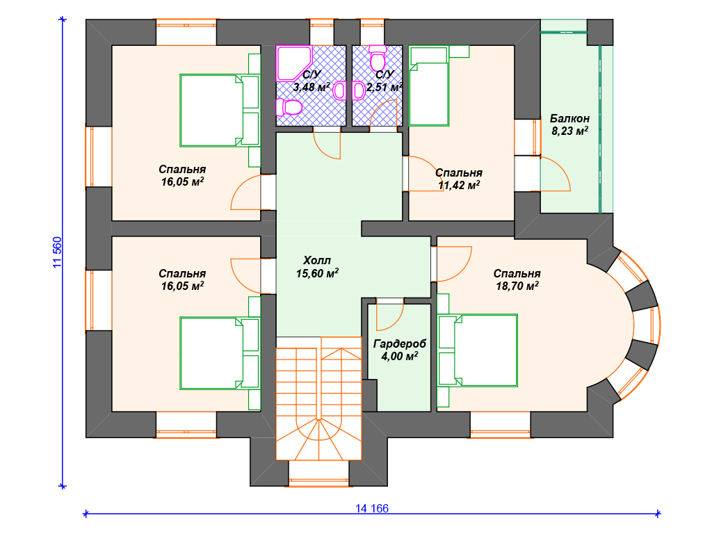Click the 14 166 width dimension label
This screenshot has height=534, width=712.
coord(372,508)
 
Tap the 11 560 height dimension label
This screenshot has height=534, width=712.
coord(57,252)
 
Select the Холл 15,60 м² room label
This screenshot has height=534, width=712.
coord(317,266)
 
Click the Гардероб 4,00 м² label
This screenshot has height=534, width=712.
coord(400,350)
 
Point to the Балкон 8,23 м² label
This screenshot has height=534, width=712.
coord(570,125)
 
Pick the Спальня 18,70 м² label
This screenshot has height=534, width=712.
coord(517,280)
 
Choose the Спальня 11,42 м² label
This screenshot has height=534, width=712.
coord(459,179)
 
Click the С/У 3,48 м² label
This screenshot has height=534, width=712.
coord(311,81)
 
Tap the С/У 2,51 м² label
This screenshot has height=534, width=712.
coord(384,81)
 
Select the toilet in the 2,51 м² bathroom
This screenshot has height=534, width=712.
coord(378,56)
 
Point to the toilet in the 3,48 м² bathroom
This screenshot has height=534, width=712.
coord(289,107)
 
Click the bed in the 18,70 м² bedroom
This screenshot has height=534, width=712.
coord(477,350)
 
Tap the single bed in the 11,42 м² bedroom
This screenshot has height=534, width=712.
coord(429,86)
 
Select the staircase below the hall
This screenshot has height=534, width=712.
coord(318,398)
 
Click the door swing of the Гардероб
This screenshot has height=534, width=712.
coord(389,314)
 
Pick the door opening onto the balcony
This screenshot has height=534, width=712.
coord(555,174)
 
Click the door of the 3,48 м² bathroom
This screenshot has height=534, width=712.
coord(327,143)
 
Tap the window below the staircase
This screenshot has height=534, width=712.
coord(318,480)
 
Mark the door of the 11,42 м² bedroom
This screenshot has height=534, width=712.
coord(423,174)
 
